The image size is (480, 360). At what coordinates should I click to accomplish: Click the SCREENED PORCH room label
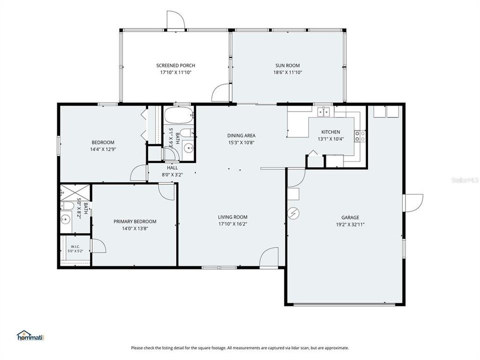tap(175, 65)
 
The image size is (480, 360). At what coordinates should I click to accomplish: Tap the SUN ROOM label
tap(287, 65)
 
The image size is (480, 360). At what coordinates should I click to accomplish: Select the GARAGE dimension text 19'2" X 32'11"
tap(350, 224)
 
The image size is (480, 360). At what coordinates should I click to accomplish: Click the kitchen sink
tap(323, 112)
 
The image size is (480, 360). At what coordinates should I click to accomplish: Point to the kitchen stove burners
tap(360, 136)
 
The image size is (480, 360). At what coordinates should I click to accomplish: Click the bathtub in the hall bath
tap(179, 115)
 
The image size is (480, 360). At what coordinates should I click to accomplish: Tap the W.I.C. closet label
tap(75, 246)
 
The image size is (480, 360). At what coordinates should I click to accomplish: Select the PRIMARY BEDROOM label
tap(135, 221)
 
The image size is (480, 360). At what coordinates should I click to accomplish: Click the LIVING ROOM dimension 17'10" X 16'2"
tap(232, 224)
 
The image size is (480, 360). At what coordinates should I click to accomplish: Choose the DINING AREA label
tap(241, 135)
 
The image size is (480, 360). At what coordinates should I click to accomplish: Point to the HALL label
tap(172, 168)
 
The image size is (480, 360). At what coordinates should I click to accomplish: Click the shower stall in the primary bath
tap(75, 192)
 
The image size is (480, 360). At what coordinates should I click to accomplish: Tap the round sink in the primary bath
tap(65, 219)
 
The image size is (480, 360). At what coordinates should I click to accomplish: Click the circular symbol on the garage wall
tap(293, 213)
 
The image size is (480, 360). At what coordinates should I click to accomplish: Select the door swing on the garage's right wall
tap(414, 202)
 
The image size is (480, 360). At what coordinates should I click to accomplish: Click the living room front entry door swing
tap(269, 257)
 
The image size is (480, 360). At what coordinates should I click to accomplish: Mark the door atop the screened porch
tap(175, 20)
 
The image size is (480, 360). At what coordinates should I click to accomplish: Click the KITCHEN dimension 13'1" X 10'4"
tap(330, 138)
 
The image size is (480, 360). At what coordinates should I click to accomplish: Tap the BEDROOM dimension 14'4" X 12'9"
tap(103, 149)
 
